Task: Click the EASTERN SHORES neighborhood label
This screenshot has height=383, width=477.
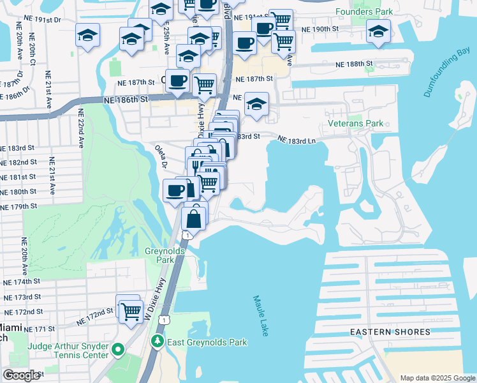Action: click(x=382, y=332)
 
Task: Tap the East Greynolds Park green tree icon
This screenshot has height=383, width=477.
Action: click(x=157, y=342)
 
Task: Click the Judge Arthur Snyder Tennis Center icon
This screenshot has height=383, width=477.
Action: click(x=117, y=350)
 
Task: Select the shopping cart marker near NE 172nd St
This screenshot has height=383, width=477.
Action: click(x=131, y=312)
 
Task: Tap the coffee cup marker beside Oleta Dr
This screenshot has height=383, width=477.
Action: click(x=175, y=190)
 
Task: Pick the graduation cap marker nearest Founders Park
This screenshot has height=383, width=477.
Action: click(x=378, y=31)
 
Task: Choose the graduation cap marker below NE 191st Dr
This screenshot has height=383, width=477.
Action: click(x=87, y=34)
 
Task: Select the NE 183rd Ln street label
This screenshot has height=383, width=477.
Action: click(x=297, y=139)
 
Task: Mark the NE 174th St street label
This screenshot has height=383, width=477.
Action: click(x=22, y=282)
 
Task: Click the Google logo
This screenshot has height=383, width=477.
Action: click(x=22, y=375)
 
